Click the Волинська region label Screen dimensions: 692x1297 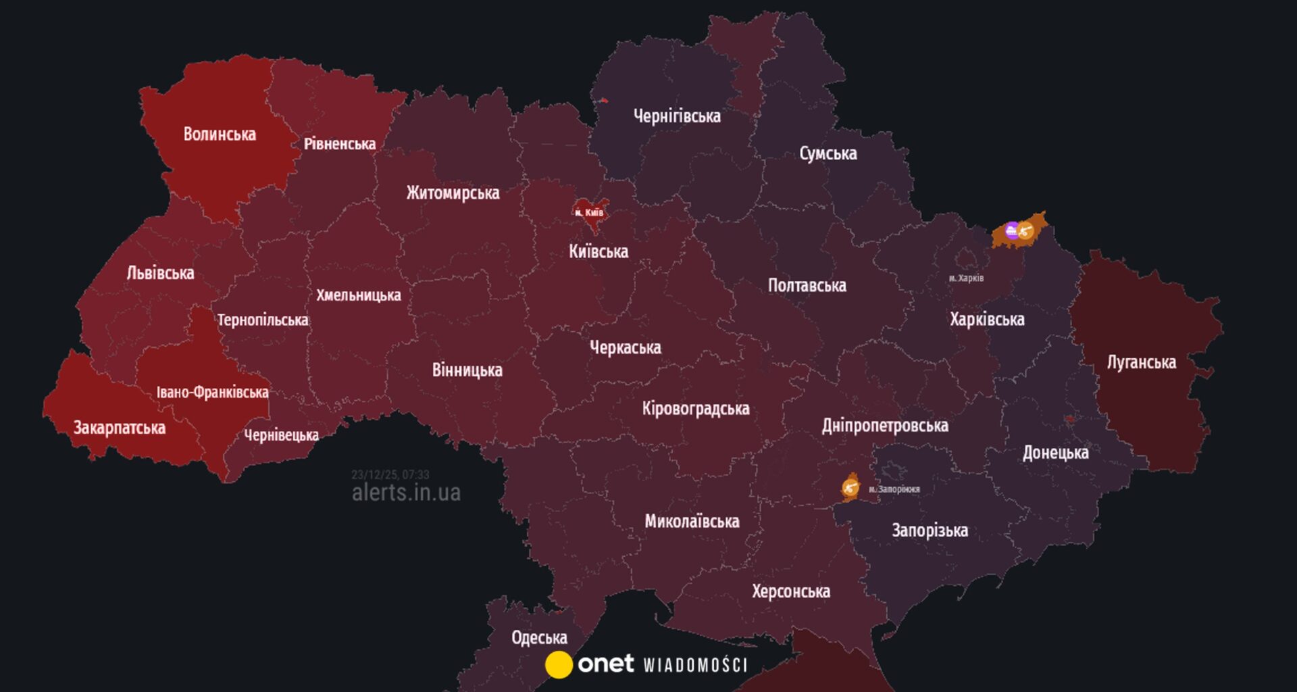220,134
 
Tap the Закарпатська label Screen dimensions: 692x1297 120,428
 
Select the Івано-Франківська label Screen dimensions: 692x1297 212,392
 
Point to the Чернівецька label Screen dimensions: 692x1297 281,435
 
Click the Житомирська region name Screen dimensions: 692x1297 453,193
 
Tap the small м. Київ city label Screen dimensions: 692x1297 589,213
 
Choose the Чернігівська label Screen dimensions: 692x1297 677,116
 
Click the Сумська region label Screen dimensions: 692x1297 828,153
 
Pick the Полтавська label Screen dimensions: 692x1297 807,285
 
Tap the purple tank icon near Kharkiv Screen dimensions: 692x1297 1011,231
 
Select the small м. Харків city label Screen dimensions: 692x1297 966,278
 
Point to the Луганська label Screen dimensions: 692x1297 1141,362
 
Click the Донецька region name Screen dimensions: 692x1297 1055,453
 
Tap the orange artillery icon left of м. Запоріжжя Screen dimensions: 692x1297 850,487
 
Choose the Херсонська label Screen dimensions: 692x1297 791,591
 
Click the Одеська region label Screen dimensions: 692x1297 539,638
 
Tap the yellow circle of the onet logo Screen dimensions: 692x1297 559,664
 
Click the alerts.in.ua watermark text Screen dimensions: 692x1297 406,493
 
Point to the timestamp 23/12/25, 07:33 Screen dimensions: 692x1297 390,474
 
